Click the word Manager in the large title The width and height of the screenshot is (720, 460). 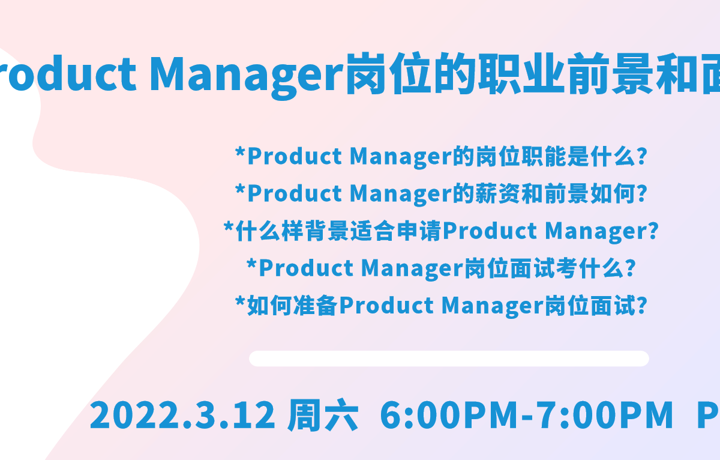[x=247, y=76]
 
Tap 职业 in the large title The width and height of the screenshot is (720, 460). [x=521, y=74]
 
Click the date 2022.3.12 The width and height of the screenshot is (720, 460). [x=182, y=415]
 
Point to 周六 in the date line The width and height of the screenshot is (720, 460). [x=323, y=415]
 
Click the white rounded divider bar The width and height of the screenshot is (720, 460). [x=449, y=359]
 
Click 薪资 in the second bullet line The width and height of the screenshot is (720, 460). [x=497, y=193]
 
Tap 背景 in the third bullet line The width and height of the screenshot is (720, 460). [x=327, y=231]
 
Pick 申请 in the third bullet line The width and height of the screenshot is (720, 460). [x=419, y=231]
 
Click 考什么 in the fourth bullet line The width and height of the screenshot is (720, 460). [x=590, y=268]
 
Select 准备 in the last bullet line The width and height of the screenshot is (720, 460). [x=316, y=306]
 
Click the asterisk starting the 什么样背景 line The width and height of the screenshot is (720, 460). [x=229, y=227]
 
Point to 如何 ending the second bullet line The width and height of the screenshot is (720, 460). [x=613, y=193]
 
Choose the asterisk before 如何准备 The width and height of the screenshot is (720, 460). [x=240, y=301]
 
